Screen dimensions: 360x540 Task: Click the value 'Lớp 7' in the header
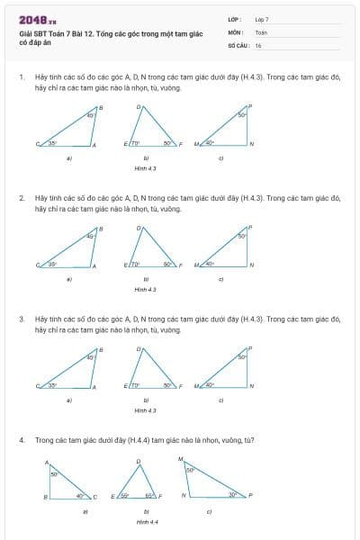click(262, 19)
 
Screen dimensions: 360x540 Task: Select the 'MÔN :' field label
click(237, 31)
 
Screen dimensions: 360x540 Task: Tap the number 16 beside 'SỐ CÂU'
click(258, 44)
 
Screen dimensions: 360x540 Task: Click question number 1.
click(22, 77)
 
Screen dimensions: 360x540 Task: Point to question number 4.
click(22, 440)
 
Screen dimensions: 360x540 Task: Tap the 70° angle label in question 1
click(136, 142)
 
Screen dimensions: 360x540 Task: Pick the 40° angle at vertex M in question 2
click(209, 263)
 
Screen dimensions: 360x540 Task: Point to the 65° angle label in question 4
click(152, 495)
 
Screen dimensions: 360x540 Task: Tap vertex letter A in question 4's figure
click(47, 462)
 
